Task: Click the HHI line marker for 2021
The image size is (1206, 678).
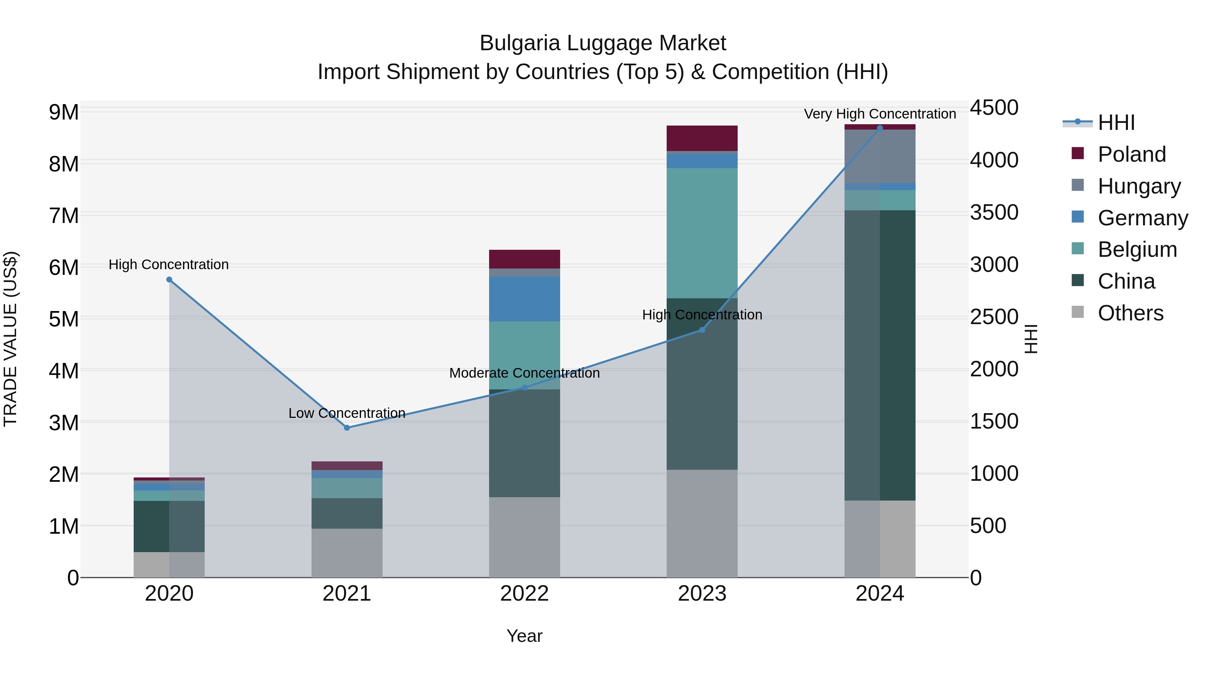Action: (x=347, y=428)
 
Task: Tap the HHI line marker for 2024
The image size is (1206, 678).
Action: (x=880, y=128)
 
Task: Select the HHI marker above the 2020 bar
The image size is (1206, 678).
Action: (x=170, y=279)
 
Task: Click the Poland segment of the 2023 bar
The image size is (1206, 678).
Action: (x=702, y=138)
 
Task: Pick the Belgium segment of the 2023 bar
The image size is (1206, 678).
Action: (x=702, y=233)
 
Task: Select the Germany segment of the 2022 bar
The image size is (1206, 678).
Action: (x=524, y=299)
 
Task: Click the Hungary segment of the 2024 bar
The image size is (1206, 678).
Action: (x=880, y=156)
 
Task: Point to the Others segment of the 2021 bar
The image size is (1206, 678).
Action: (x=347, y=552)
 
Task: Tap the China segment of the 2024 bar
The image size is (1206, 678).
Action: (x=880, y=356)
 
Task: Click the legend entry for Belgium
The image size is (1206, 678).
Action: (x=1137, y=249)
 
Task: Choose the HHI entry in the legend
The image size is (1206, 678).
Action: (x=1116, y=123)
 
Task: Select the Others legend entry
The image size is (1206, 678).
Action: (x=1130, y=313)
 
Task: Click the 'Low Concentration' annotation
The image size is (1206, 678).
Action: (x=347, y=413)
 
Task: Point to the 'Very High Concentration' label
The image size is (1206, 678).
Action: (x=880, y=114)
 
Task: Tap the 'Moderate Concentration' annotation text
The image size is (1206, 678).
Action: (x=524, y=373)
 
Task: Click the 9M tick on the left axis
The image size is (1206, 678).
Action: (x=64, y=112)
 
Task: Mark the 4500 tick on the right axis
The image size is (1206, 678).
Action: (x=994, y=107)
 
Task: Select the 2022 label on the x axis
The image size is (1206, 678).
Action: (x=524, y=594)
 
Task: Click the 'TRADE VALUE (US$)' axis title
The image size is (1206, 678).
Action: (x=10, y=339)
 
